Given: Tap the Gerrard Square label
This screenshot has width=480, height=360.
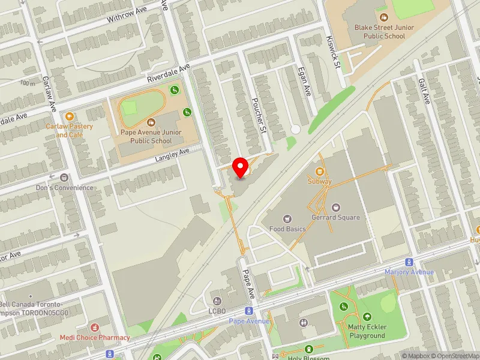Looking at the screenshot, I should (335, 217).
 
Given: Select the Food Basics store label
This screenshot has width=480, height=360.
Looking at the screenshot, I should (287, 229).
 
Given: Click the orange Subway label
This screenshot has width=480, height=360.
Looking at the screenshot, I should (319, 181).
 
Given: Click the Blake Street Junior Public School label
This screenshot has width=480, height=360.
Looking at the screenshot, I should (388, 32).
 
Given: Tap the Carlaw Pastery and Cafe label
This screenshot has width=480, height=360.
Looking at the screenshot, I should (70, 130).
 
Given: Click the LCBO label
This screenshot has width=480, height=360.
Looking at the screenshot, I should (218, 311).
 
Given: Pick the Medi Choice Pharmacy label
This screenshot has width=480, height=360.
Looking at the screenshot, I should (94, 337).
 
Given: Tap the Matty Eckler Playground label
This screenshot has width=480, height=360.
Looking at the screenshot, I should (367, 331).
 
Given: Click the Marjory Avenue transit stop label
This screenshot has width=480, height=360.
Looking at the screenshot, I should (409, 272).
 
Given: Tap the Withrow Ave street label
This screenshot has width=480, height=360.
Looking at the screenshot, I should (127, 14).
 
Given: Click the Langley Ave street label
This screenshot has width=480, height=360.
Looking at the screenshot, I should (172, 155).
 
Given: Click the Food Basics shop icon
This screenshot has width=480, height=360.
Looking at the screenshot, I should (287, 218).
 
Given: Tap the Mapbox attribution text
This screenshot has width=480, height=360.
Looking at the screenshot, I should (414, 356).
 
